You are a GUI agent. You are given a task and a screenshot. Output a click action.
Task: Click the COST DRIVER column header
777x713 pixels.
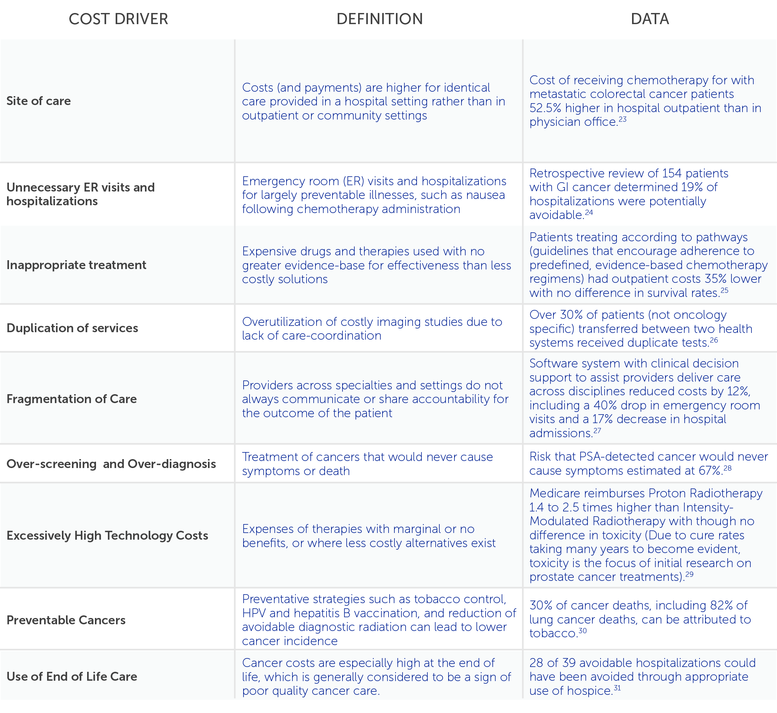coord(118,19)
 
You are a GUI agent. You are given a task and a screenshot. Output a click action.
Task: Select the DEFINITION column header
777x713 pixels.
coord(379,19)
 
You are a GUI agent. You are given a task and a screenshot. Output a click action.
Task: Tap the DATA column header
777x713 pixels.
coord(649,19)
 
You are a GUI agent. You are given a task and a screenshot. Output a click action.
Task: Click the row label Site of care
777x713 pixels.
coord(39,101)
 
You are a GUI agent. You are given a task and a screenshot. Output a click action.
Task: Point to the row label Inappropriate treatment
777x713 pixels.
coord(76,265)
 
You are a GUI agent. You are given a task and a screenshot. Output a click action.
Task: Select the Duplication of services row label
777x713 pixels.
coord(72,328)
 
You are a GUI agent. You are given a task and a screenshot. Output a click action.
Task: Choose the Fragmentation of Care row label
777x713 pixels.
coord(72,399)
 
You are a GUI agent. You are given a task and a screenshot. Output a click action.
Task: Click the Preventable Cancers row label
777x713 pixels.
coord(66,620)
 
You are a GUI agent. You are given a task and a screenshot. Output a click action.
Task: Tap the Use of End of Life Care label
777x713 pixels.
coord(72,676)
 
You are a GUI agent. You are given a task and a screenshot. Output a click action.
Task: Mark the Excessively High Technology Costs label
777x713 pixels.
coord(107,536)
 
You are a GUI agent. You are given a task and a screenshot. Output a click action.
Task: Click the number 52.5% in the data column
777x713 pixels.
coord(545,108)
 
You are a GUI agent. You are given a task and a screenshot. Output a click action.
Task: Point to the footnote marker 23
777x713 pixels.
coord(622,120)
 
